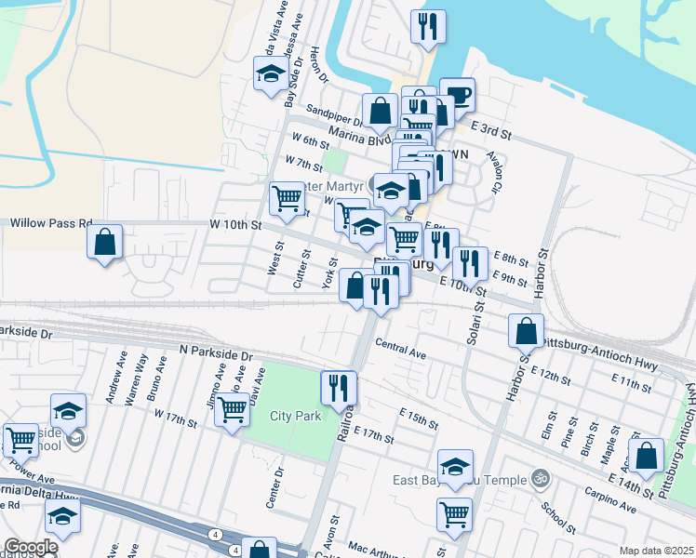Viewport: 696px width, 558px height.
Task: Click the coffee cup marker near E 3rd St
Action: tap(456, 95)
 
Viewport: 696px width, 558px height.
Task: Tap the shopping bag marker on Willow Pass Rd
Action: tap(106, 243)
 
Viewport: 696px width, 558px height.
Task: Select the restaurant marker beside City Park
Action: tap(339, 387)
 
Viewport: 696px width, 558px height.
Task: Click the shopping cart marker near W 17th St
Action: tap(232, 408)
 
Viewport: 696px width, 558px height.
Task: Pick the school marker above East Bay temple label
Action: tap(456, 467)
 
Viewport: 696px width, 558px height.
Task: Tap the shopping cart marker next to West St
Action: tap(287, 198)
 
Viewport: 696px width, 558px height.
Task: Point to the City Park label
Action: tap(295, 416)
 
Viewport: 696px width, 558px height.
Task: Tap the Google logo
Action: tap(31, 548)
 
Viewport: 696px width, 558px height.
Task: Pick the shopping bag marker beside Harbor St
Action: tap(527, 331)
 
